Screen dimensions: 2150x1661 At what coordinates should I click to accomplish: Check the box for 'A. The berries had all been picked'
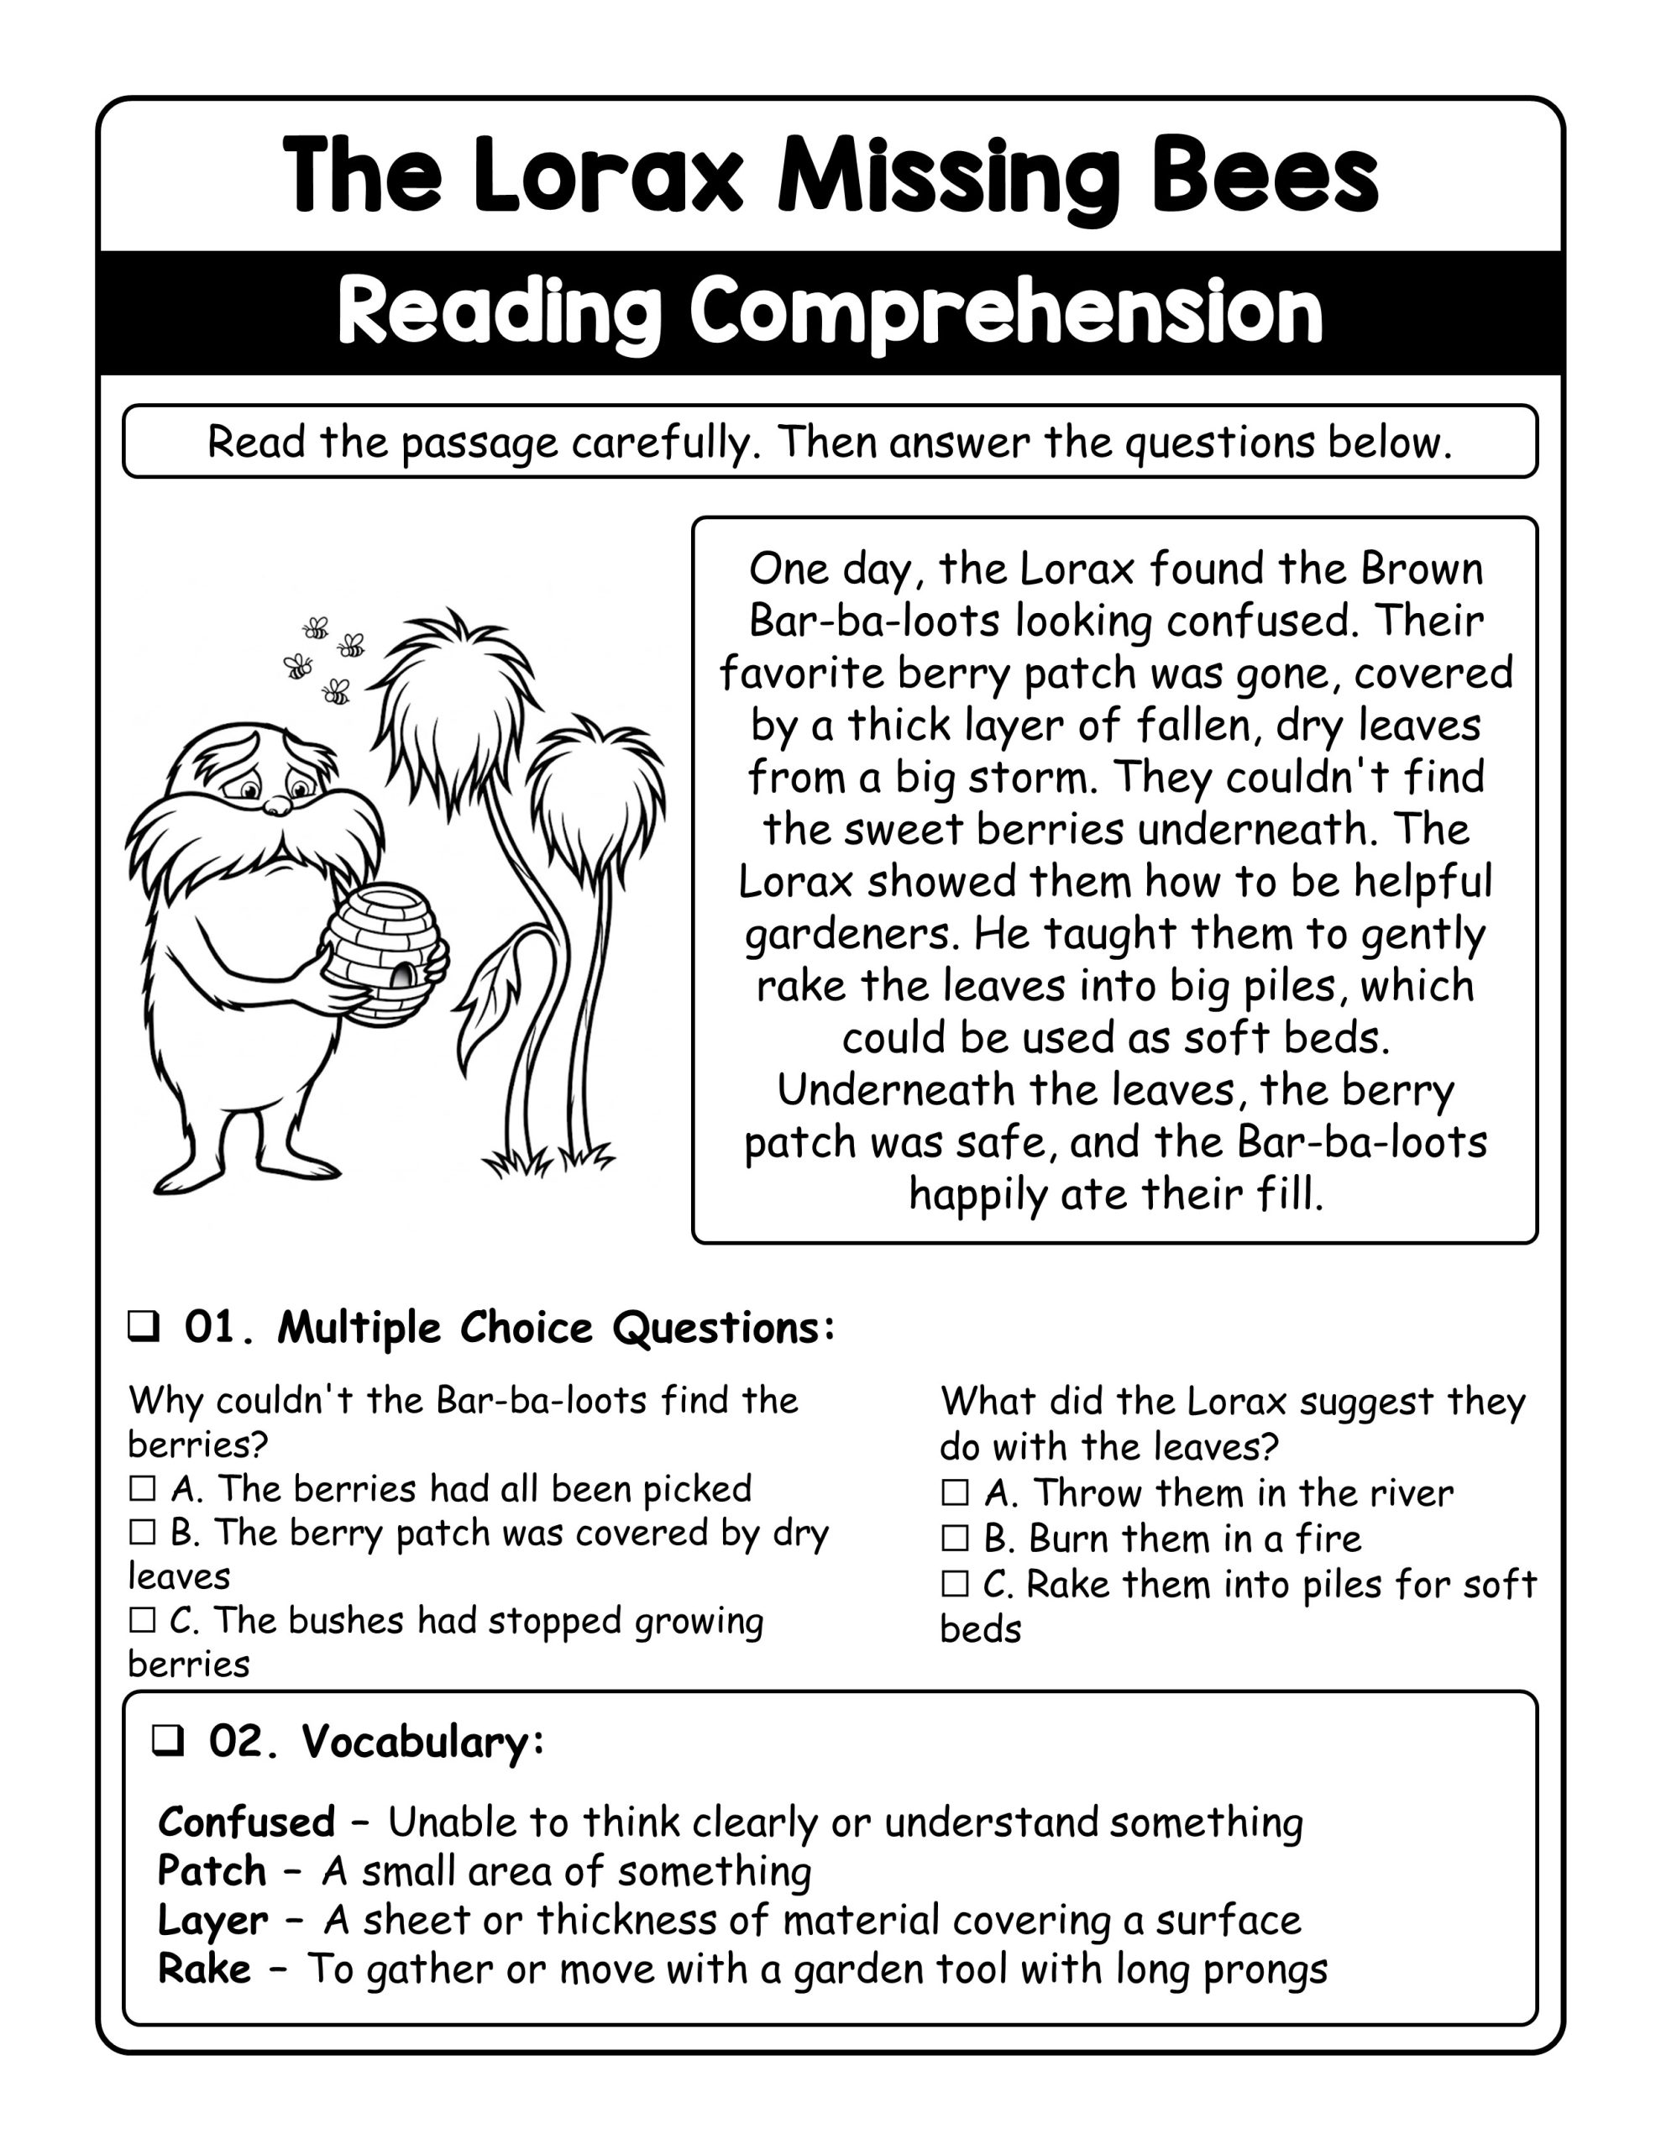point(143,1487)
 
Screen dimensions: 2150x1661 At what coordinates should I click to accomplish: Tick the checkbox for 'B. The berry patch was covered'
point(143,1532)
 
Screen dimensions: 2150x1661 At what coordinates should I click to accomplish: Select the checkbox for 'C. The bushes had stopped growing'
point(143,1619)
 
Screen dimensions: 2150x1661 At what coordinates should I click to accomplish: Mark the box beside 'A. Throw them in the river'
point(955,1492)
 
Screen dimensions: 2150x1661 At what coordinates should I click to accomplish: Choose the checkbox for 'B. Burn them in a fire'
point(955,1538)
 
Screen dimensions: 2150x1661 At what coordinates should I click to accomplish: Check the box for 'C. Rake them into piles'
point(955,1583)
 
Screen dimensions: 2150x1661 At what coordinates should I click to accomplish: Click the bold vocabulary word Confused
point(246,1822)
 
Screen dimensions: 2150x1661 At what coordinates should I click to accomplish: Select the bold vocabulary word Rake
point(204,1969)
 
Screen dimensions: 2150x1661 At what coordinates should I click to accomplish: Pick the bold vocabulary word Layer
point(212,1921)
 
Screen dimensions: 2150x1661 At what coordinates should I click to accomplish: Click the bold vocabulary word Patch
point(212,1871)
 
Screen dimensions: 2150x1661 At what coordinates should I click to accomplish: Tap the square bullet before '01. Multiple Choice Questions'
point(144,1327)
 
